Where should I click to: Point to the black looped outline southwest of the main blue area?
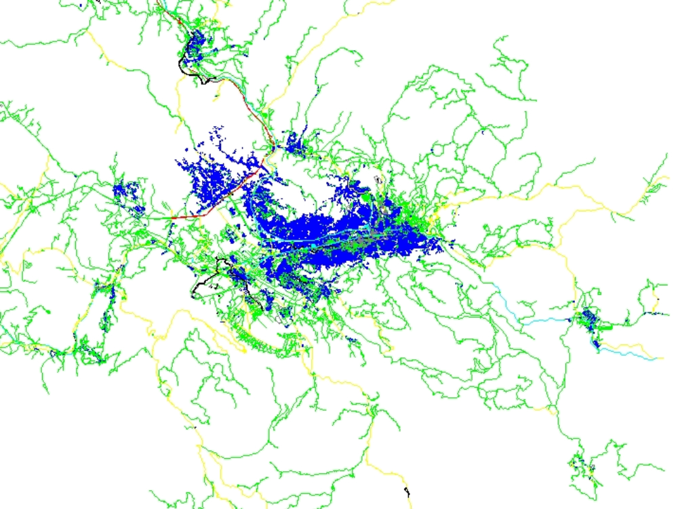coord(203,278)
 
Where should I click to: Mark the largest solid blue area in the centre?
coord(339,237)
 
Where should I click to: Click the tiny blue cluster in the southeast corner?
coord(580,468)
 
